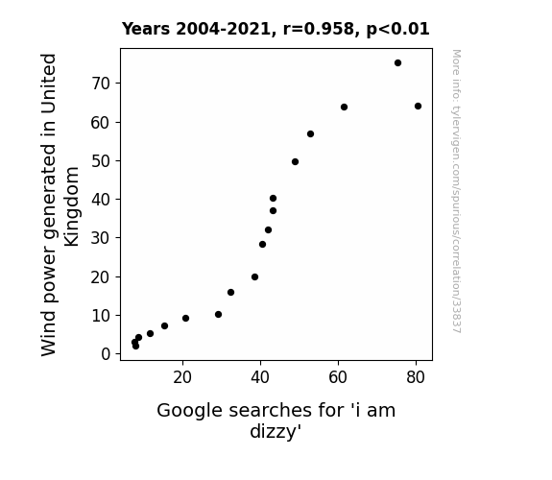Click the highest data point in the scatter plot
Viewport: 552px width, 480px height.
[397, 63]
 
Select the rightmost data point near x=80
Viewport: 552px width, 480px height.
[418, 106]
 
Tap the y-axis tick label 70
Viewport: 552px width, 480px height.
[101, 84]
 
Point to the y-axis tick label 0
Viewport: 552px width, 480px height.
[106, 354]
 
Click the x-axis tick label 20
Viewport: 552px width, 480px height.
[182, 377]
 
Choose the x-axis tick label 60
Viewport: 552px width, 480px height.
[338, 377]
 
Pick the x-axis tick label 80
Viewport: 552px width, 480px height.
[416, 377]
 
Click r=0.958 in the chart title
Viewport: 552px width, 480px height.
[319, 29]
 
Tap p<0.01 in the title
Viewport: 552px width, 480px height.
[397, 29]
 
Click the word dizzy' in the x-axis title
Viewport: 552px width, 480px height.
[276, 431]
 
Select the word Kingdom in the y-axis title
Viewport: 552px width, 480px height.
[71, 206]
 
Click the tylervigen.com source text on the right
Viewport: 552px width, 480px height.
[456, 192]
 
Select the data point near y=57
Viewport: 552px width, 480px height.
[310, 133]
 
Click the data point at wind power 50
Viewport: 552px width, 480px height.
[295, 161]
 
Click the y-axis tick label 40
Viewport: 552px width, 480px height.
[101, 200]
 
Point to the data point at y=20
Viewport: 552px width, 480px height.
[254, 277]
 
